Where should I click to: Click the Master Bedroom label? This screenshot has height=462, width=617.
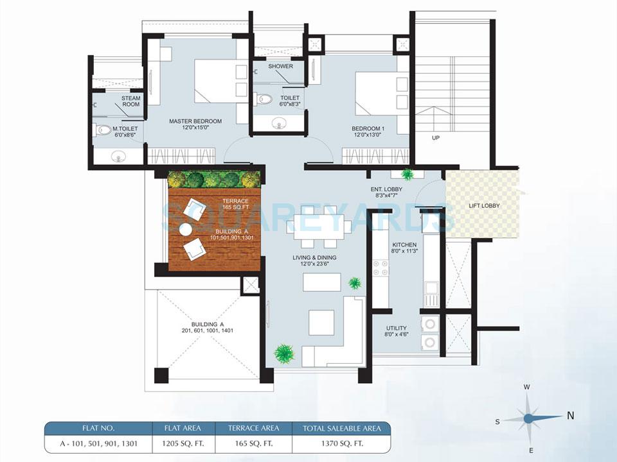tap(195, 121)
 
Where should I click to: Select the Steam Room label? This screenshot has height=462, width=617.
tap(131, 101)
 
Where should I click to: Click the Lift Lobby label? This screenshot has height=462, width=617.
tap(483, 205)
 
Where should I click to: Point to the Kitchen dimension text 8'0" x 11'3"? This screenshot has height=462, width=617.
tap(404, 252)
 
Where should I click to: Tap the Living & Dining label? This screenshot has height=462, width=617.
tap(314, 258)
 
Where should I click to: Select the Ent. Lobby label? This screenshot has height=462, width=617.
tap(386, 189)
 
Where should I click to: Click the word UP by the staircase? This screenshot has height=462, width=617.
tap(436, 138)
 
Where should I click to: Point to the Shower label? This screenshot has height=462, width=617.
tap(280, 66)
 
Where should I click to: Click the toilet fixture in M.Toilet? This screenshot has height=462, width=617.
tap(103, 130)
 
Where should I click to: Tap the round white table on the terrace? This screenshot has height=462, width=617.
tap(186, 229)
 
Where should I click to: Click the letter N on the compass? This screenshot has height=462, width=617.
tap(570, 415)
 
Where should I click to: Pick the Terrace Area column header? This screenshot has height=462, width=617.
tap(253, 428)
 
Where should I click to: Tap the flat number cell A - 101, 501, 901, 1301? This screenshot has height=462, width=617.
tap(98, 443)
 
